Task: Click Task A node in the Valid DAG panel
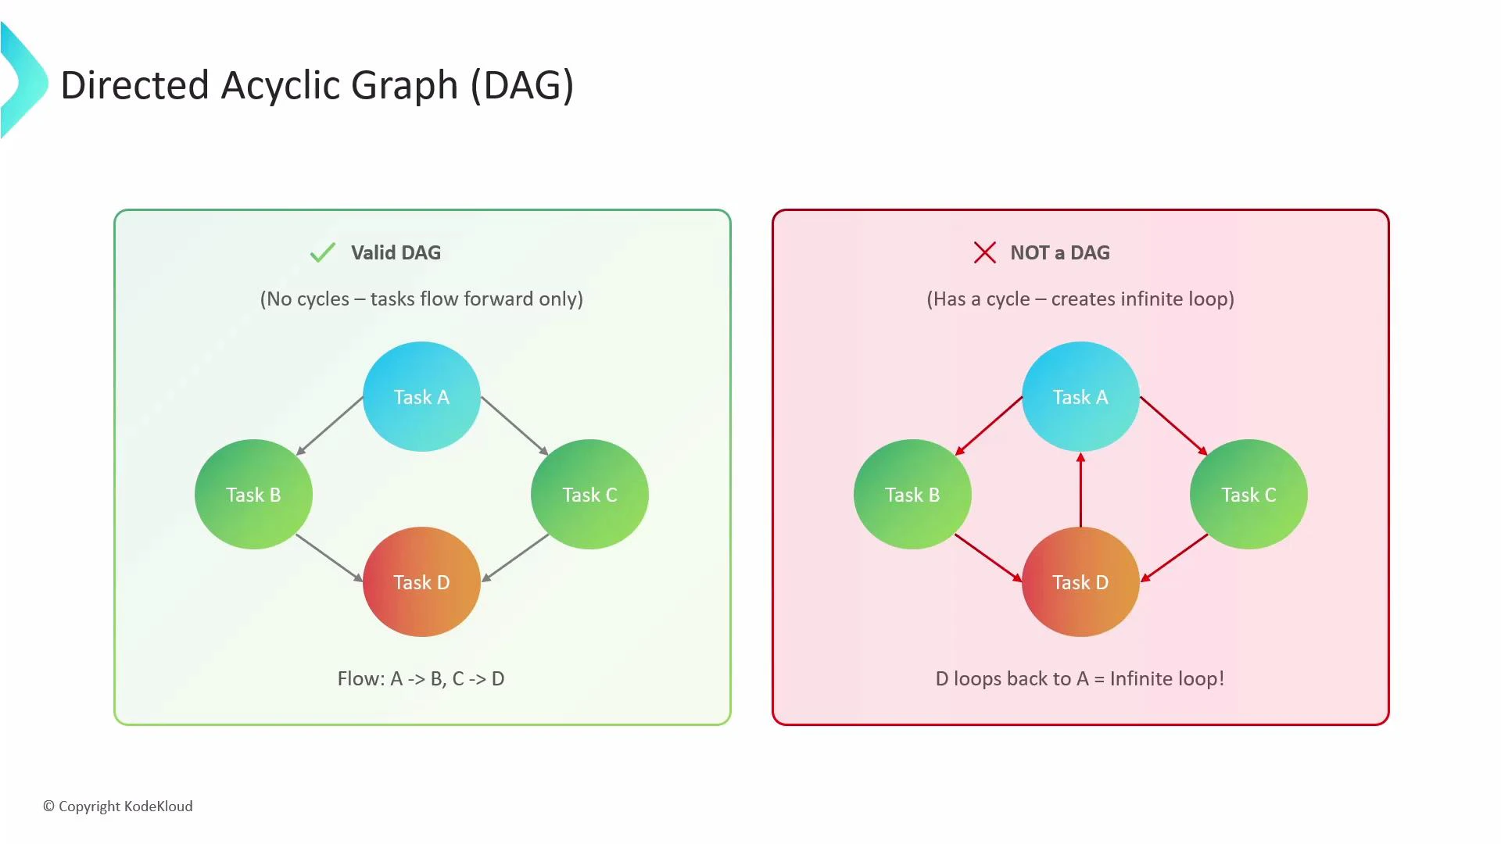click(421, 396)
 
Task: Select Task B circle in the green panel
click(253, 494)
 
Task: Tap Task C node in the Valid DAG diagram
click(589, 494)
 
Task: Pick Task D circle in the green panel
click(421, 581)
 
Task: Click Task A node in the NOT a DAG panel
click(1080, 396)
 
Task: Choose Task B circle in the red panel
click(912, 494)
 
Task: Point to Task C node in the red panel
click(1248, 494)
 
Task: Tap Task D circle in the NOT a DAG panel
click(1080, 581)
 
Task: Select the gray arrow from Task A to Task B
click(330, 425)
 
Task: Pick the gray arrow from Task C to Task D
click(516, 557)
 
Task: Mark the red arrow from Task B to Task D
click(988, 557)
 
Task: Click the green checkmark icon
click(322, 252)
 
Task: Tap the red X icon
click(984, 252)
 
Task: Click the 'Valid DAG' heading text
click(396, 252)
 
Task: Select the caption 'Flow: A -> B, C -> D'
click(421, 678)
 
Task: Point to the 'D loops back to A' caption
click(1080, 678)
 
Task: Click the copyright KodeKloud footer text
click(118, 806)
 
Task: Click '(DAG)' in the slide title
click(522, 84)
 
